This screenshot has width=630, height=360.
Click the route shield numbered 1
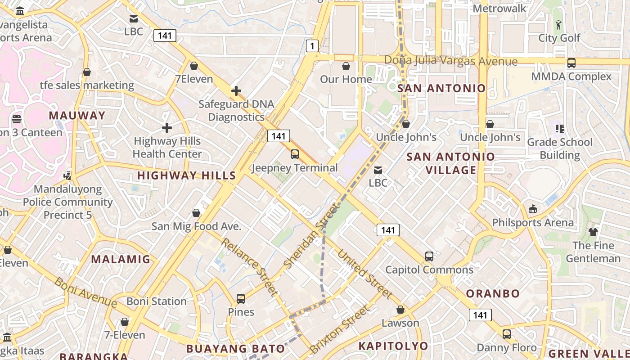312,45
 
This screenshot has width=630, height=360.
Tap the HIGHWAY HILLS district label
186,175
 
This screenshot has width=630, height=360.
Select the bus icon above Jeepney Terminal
295,154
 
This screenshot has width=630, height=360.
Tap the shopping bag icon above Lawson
400,310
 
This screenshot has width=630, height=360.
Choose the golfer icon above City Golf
559,25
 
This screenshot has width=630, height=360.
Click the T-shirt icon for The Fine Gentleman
593,232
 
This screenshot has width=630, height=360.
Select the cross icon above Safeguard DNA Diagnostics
236,91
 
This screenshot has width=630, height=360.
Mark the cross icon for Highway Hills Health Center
167,128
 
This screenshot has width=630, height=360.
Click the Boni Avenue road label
85,292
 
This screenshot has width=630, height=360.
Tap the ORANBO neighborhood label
493,294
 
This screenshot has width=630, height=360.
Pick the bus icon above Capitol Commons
429,256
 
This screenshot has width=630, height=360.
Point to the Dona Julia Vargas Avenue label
450,61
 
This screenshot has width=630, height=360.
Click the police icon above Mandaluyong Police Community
67,175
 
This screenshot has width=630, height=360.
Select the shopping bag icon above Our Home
346,67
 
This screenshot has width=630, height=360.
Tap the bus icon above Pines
241,299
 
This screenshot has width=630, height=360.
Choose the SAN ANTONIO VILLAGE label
450,163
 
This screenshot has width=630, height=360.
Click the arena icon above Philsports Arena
533,209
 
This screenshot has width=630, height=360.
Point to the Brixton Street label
339,330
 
